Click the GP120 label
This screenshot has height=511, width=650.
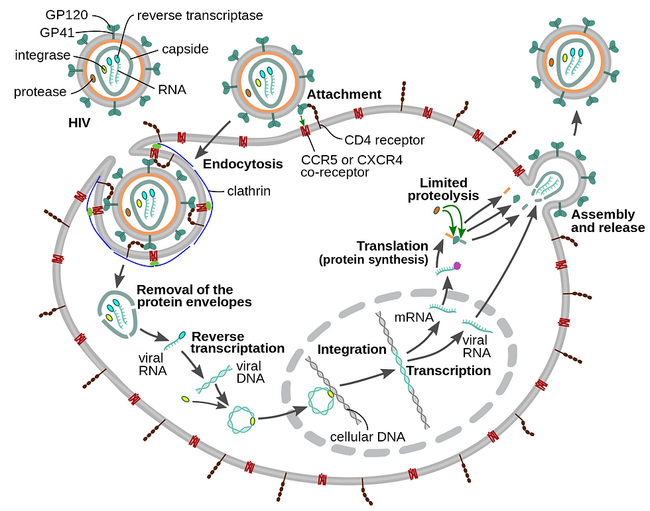point(68,14)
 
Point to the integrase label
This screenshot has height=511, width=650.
point(42,55)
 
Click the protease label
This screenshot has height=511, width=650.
point(40,91)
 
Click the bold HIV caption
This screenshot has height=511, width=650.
point(80,123)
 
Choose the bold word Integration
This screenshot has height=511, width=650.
point(352,349)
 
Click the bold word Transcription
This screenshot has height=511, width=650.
point(449,370)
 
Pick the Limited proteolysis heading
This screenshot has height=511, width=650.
point(444,189)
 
